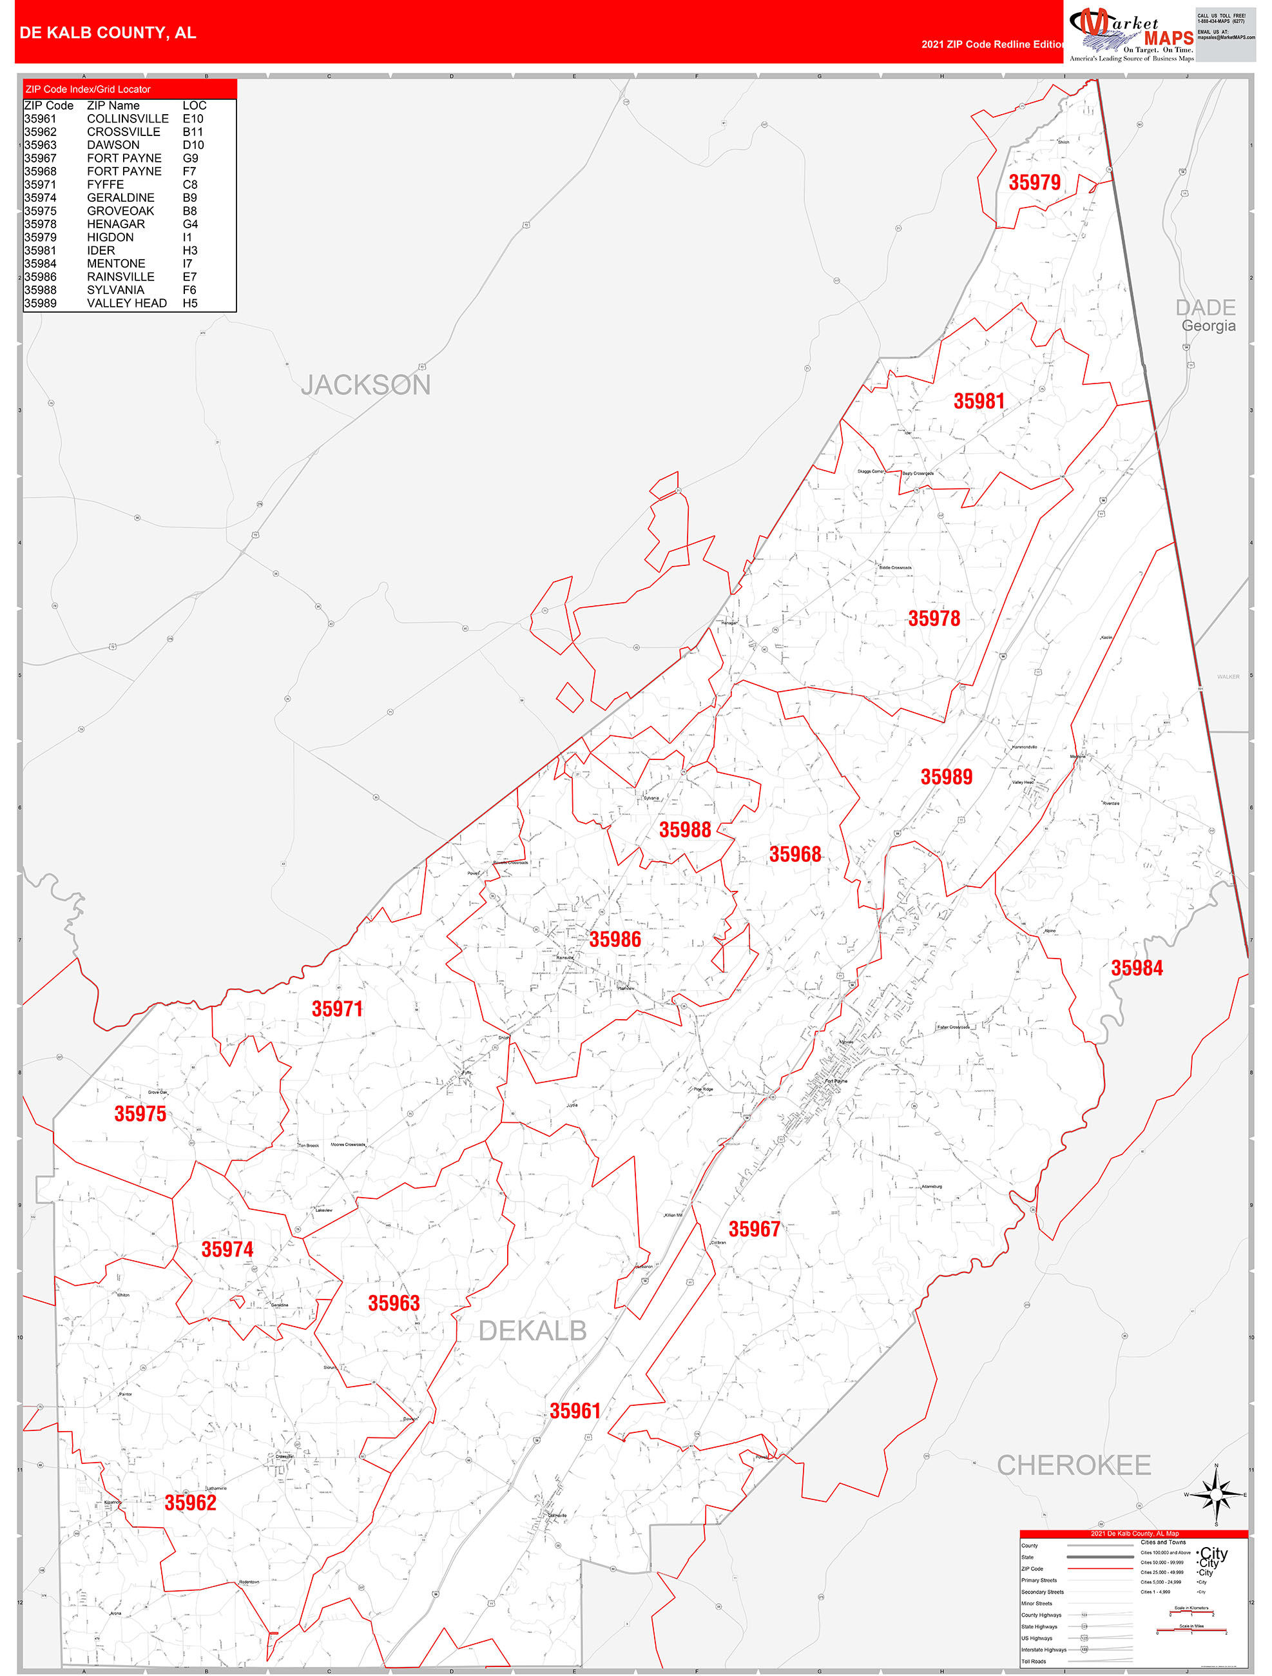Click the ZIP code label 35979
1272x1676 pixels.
[1034, 182]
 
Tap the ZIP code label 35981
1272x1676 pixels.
[979, 402]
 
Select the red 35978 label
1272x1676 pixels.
[934, 619]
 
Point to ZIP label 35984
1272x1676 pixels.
[1137, 968]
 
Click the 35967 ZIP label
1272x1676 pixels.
[754, 1230]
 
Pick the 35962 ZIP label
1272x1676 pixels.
[190, 1503]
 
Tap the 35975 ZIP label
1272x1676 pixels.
[140, 1114]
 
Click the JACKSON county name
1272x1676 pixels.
[366, 385]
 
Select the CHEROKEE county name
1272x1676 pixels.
[1074, 1465]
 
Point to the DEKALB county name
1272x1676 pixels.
[533, 1330]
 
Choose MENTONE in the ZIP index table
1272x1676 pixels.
[116, 264]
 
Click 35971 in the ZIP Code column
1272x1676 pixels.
[39, 184]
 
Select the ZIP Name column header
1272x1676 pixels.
[113, 105]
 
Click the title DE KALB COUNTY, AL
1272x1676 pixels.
[108, 33]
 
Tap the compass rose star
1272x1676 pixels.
[1216, 1495]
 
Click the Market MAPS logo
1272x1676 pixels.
[1130, 32]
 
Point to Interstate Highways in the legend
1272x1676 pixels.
[1043, 1650]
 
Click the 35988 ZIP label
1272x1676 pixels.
[684, 830]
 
